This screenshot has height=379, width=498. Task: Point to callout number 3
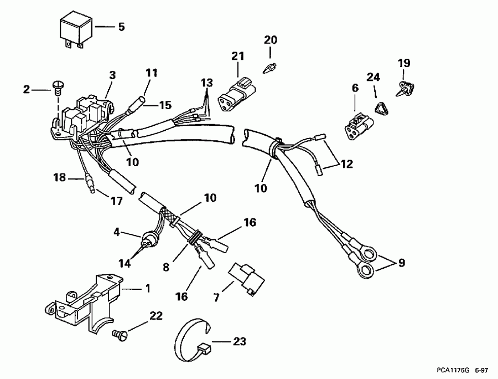click(x=112, y=74)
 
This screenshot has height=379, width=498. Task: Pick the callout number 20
click(x=270, y=40)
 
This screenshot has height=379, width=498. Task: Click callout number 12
click(x=347, y=164)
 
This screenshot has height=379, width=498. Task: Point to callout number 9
click(x=401, y=262)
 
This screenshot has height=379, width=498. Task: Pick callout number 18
click(x=59, y=178)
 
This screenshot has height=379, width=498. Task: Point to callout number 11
click(x=152, y=73)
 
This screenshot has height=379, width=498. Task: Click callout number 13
click(x=206, y=83)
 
